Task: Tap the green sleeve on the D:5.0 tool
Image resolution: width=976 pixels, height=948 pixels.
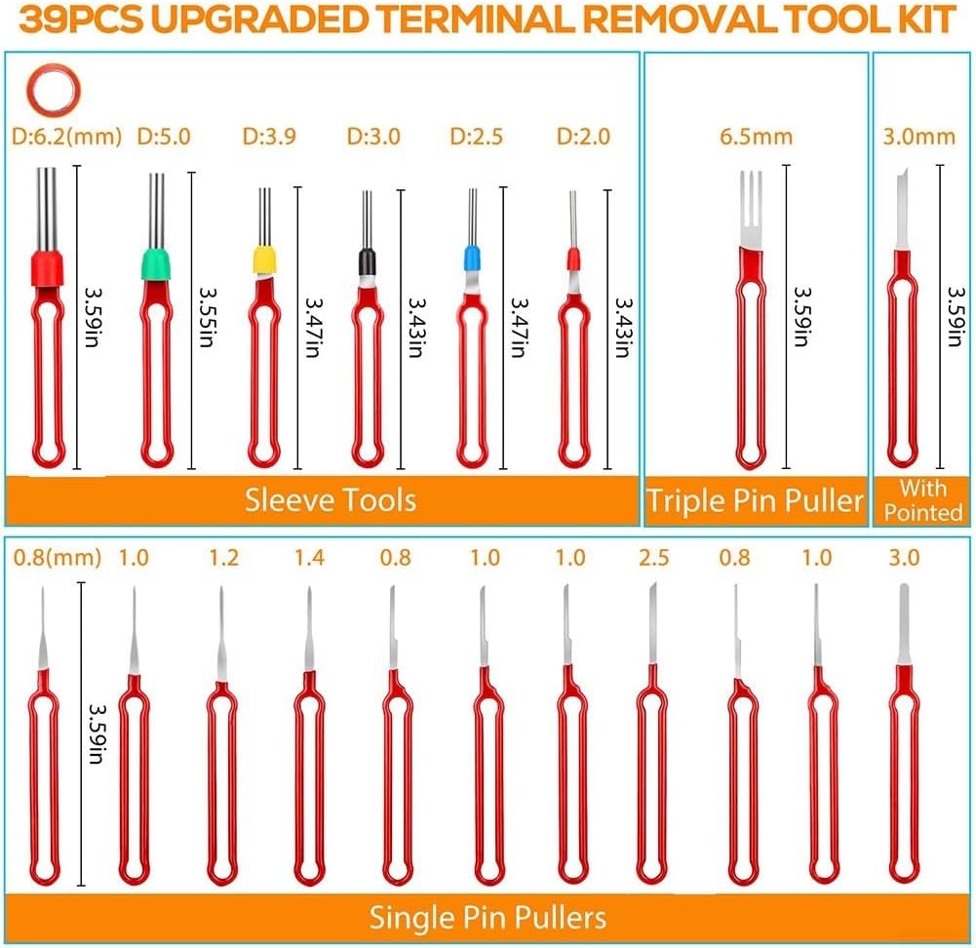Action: click(x=156, y=264)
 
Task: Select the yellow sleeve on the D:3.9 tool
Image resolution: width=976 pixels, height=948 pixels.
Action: click(x=264, y=259)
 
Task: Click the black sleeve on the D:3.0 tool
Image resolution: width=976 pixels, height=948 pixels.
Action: click(x=367, y=261)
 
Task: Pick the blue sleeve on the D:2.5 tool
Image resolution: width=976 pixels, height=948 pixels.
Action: click(x=472, y=257)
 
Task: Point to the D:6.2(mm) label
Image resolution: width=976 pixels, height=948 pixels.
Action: click(x=66, y=137)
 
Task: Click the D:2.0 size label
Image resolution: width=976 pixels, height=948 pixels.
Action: click(x=583, y=137)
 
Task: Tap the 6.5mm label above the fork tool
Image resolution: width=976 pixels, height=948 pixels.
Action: click(x=756, y=137)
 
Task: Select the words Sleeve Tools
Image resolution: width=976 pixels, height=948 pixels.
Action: click(x=330, y=499)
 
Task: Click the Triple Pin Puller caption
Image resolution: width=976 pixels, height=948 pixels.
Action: click(x=755, y=500)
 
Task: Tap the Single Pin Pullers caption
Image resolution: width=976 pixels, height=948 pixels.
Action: click(x=488, y=918)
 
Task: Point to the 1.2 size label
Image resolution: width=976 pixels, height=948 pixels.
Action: click(x=223, y=557)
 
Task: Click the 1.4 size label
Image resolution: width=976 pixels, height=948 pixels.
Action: click(x=309, y=557)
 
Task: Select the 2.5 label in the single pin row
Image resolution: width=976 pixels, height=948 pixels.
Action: click(x=653, y=557)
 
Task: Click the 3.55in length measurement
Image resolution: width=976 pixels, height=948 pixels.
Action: click(x=207, y=317)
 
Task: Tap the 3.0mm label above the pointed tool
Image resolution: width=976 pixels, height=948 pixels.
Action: click(x=918, y=137)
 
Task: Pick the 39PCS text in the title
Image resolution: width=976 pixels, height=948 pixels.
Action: click(x=81, y=20)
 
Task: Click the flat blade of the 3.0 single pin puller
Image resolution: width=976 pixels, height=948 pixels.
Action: click(x=904, y=624)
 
